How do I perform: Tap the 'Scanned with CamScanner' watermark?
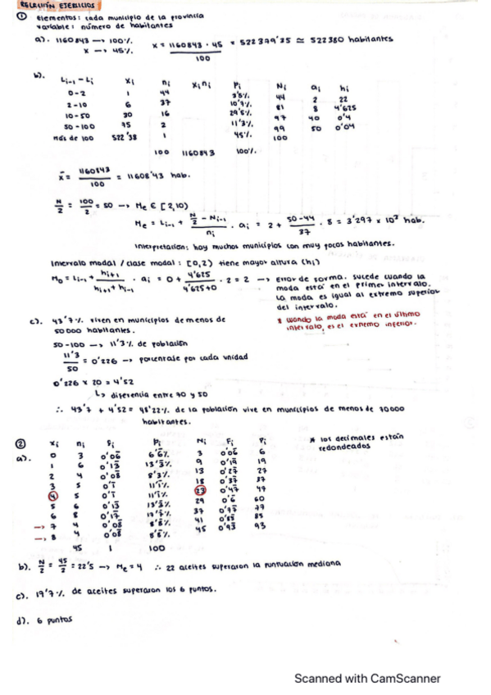[367, 678]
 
